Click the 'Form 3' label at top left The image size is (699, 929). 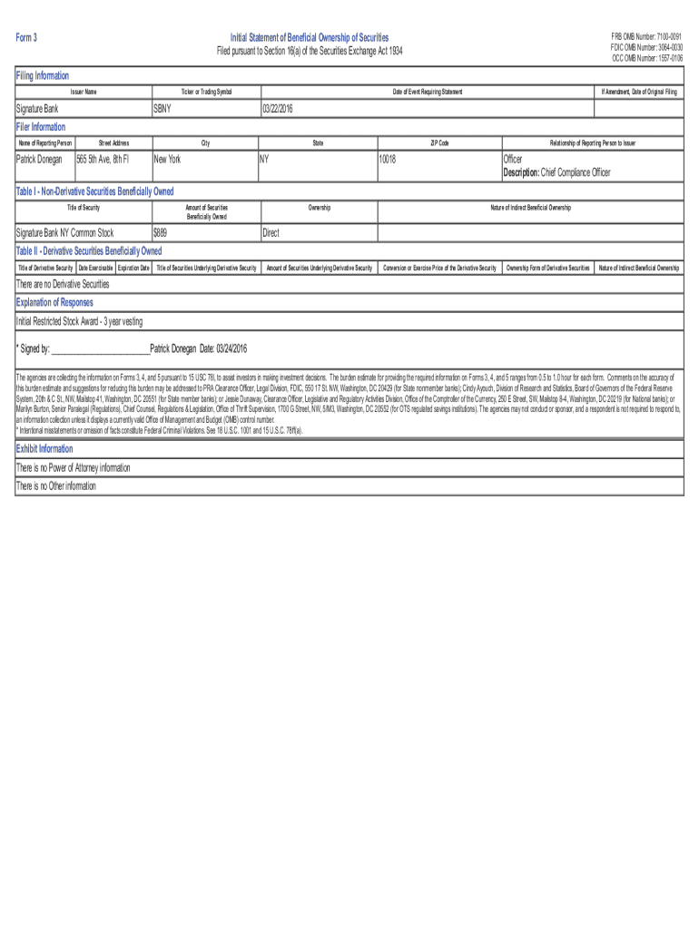pos(26,37)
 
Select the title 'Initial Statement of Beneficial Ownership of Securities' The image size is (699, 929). pos(310,37)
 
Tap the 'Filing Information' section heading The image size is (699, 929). pos(43,75)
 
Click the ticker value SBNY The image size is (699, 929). pos(163,109)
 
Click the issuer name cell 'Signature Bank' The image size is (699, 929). pos(37,109)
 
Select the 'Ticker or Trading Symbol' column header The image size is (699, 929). pos(206,93)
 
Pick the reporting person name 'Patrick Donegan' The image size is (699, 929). pos(40,159)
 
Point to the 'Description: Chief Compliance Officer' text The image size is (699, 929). pos(557,172)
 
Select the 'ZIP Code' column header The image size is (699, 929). pos(439,143)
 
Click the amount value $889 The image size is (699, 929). pos(161,233)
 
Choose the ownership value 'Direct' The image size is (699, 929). pos(271,233)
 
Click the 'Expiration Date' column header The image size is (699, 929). pos(133,268)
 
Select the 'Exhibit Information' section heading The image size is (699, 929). pos(44,449)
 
